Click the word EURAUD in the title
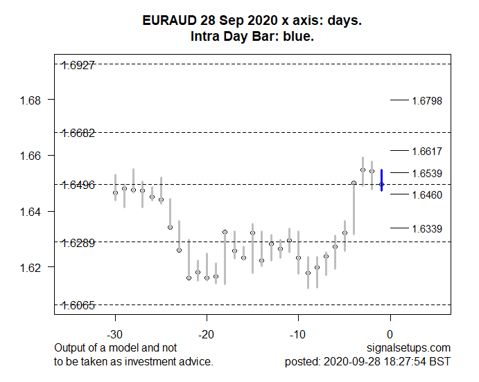pyautogui.click(x=166, y=21)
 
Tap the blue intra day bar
pyautogui.click(x=381, y=180)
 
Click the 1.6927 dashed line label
pyautogui.click(x=78, y=65)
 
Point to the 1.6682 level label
pyautogui.click(x=78, y=132)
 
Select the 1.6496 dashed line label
pyautogui.click(x=78, y=185)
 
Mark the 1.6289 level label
pyautogui.click(x=78, y=243)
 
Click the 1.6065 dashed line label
pyautogui.click(x=78, y=305)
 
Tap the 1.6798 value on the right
pyautogui.click(x=427, y=101)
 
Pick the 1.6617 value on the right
pyautogui.click(x=427, y=151)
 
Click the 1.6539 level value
pyautogui.click(x=427, y=173)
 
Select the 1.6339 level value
pyautogui.click(x=427, y=228)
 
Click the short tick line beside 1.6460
pyautogui.click(x=399, y=194)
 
